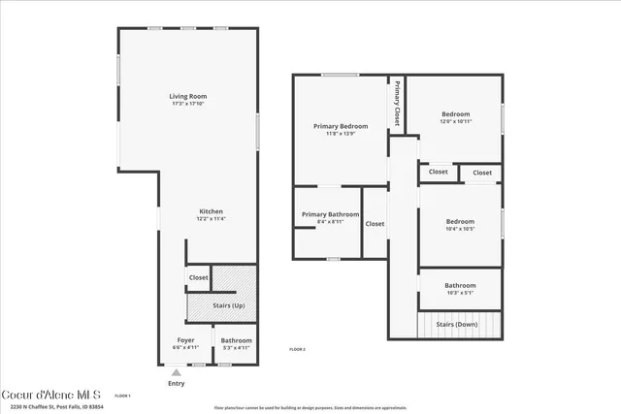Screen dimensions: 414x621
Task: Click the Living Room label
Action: (188, 96)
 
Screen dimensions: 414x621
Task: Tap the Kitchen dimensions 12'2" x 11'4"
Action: (212, 219)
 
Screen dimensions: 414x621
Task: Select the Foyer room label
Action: (184, 340)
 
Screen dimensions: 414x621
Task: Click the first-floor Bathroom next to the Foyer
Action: (236, 340)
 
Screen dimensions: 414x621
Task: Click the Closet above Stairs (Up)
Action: (198, 277)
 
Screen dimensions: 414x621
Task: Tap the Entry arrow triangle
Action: (176, 370)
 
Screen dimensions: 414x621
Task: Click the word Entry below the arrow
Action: (176, 383)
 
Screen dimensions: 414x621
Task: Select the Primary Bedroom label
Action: (341, 126)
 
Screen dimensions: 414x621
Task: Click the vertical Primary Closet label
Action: (396, 104)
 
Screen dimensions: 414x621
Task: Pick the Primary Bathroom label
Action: (330, 214)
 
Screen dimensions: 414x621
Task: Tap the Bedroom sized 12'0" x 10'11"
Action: (455, 113)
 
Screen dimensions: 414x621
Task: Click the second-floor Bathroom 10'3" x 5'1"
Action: (460, 285)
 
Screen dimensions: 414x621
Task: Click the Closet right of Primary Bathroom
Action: (375, 223)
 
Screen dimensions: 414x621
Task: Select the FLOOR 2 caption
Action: (297, 349)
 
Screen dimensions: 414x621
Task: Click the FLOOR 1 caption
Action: (122, 396)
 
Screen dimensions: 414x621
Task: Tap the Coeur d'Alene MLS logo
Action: (51, 396)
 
